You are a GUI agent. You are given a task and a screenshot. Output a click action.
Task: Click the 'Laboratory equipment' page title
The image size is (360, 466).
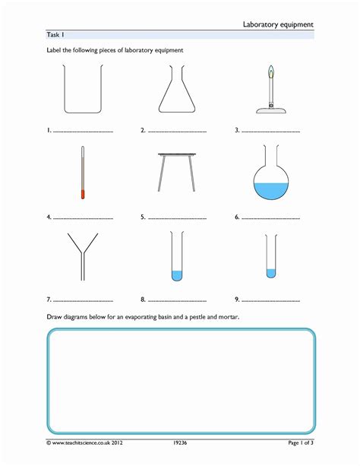click(278, 24)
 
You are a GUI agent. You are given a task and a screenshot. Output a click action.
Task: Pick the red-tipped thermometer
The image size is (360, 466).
click(82, 174)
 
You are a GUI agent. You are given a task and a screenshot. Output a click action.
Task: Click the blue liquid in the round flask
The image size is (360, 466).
click(270, 191)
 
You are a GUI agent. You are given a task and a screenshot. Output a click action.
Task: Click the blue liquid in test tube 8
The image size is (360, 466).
click(176, 275)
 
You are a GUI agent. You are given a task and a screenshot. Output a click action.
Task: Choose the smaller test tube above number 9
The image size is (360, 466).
click(270, 255)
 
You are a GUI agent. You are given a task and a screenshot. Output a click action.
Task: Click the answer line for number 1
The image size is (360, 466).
click(84, 132)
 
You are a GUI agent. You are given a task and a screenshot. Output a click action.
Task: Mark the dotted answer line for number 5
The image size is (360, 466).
click(178, 218)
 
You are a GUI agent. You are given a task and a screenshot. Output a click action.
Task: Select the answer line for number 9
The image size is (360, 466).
click(272, 301)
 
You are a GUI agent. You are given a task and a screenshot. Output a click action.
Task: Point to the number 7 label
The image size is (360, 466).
click(49, 300)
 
